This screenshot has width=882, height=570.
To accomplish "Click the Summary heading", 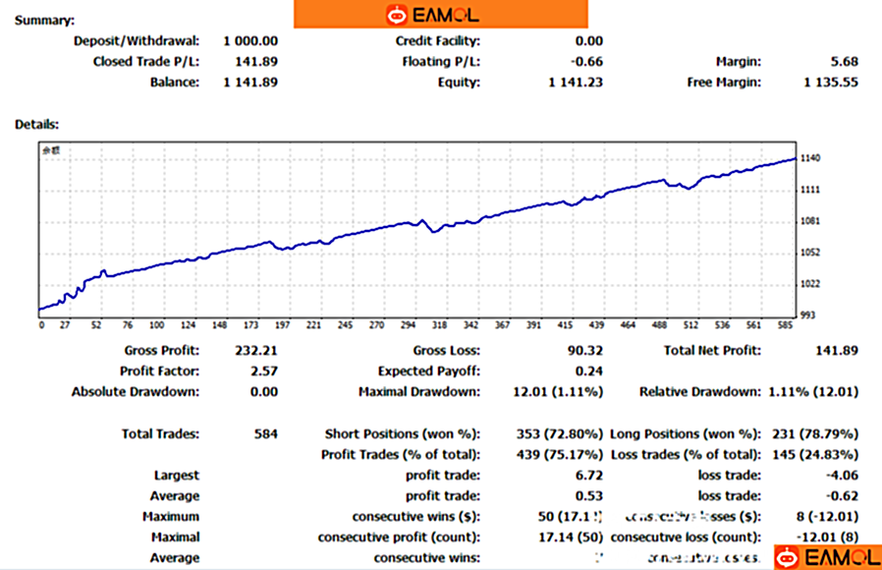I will tap(45, 20).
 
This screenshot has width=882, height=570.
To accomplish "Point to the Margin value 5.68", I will tap(844, 61).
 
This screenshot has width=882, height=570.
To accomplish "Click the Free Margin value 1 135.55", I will tap(830, 82).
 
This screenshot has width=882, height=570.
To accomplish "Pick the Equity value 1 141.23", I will tap(575, 82).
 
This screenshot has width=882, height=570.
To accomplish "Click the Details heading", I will tap(36, 124).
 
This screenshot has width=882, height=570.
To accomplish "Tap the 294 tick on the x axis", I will tap(408, 324).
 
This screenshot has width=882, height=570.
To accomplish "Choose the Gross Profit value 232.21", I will tap(256, 350).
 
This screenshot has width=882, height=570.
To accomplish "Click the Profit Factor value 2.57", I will tap(264, 370).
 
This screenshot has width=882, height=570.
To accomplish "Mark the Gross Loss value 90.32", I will tap(583, 350).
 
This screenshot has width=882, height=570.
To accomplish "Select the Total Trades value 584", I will tap(265, 433).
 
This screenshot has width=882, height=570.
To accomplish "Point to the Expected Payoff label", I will tap(429, 370).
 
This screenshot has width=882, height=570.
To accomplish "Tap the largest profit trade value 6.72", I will tap(589, 475).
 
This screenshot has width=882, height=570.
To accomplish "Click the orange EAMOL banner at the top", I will tap(440, 14).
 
